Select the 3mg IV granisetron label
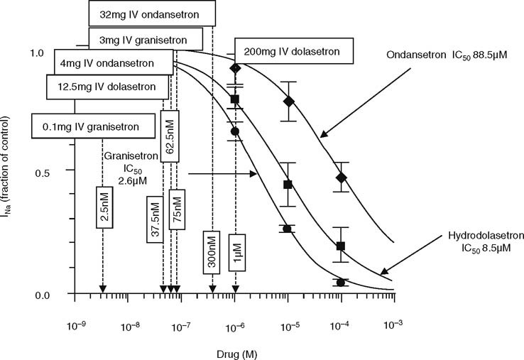click(146, 38)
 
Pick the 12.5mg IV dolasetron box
click(107, 87)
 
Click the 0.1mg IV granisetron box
click(94, 126)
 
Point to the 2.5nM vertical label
click(104, 207)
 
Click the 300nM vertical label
click(212, 251)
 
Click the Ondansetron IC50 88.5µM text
click(447, 55)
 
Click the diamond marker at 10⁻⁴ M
click(341, 178)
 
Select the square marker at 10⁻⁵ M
click(288, 185)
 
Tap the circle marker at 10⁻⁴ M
click(341, 283)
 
